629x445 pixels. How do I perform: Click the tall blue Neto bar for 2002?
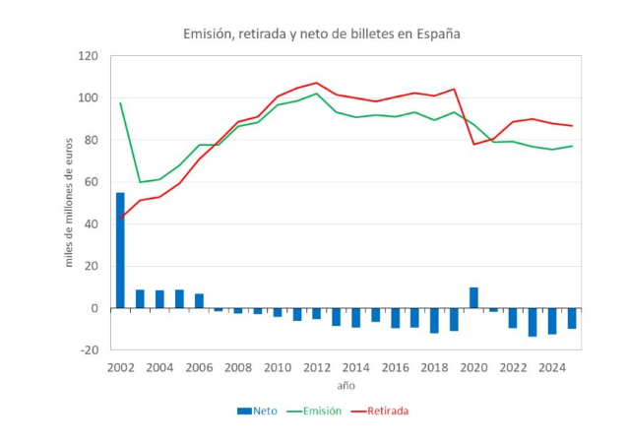coord(120,250)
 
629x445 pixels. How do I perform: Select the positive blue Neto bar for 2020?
coord(473,297)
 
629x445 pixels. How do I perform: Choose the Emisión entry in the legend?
coord(322,411)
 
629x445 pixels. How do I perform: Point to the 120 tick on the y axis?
coord(89,56)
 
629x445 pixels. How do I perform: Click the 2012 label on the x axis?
coord(317,367)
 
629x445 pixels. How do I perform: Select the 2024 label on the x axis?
coord(552,367)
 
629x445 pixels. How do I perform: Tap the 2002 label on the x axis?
coord(120,367)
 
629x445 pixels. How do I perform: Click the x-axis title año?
coord(345,385)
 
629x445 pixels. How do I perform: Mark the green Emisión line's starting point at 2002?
coord(120,103)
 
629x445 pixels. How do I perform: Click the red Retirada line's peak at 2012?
coord(317,83)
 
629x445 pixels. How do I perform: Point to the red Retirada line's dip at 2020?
coord(473,144)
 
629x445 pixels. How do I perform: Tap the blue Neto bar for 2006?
coord(199,300)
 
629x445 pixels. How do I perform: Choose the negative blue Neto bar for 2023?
coord(533,322)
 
